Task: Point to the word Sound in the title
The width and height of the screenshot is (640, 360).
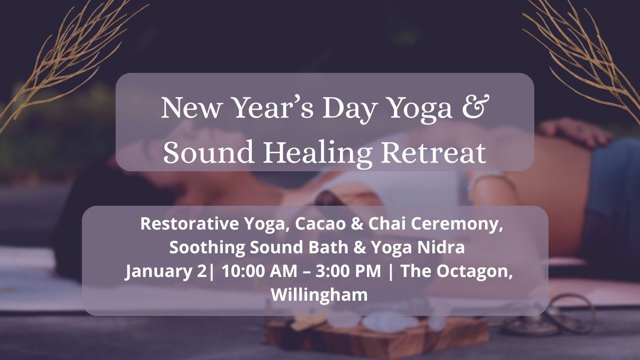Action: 209,152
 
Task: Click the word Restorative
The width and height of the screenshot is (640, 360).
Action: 190,224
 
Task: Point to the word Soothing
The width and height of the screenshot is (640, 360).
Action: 207,248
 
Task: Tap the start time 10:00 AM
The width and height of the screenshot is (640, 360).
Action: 259,271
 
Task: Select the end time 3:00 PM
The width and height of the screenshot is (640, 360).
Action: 348,271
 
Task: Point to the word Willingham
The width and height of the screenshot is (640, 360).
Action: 319,295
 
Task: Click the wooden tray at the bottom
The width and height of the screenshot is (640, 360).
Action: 377,337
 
